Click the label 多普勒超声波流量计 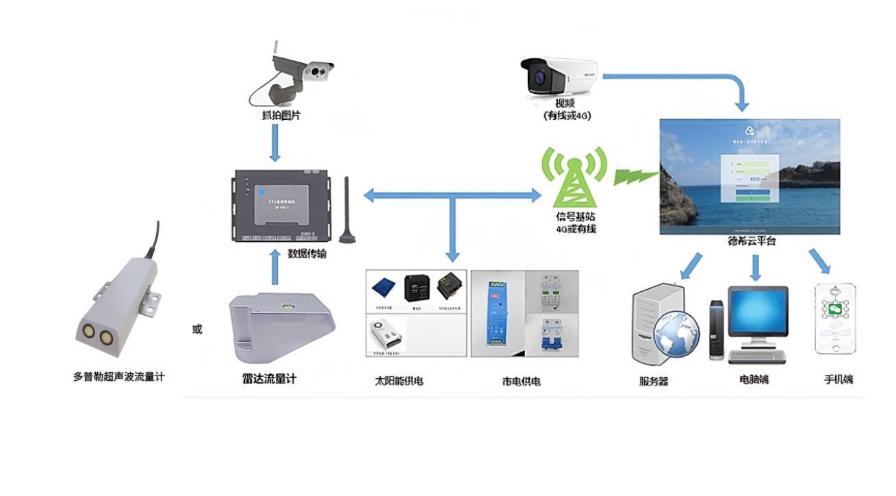click(x=118, y=377)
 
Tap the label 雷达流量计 click(x=269, y=379)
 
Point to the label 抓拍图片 click(x=276, y=116)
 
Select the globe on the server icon click(x=676, y=334)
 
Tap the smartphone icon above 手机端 click(x=835, y=319)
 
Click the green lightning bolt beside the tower click(x=634, y=175)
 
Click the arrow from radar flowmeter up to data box click(x=275, y=267)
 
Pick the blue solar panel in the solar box click(x=384, y=288)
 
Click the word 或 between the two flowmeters click(x=197, y=330)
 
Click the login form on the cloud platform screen click(x=752, y=177)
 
